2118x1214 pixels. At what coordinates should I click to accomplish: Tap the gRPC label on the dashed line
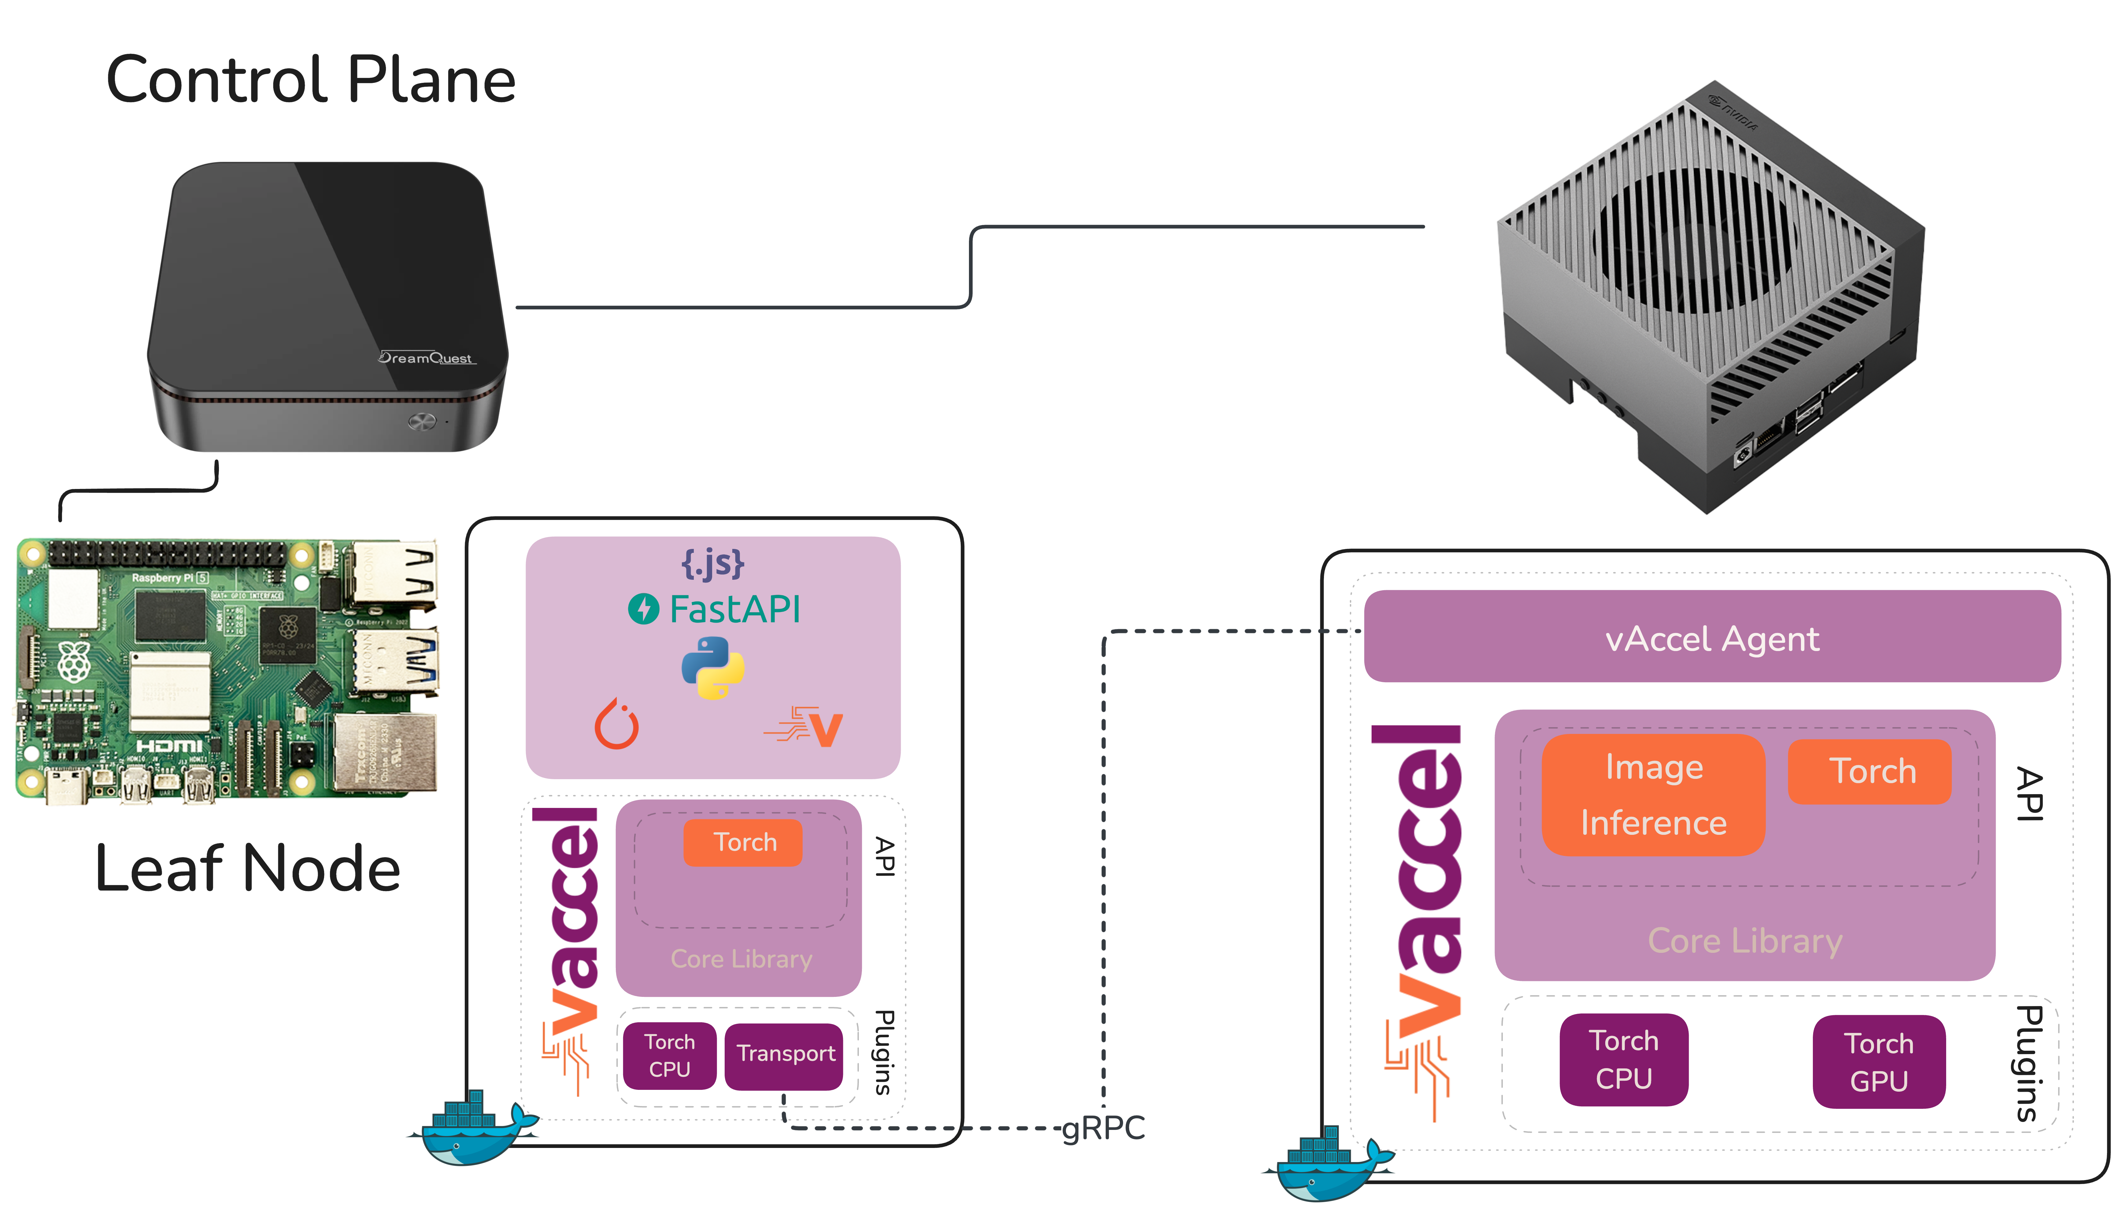point(1103,1128)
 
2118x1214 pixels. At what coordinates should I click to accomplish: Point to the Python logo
point(713,667)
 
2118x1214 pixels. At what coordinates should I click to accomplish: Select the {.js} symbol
point(713,564)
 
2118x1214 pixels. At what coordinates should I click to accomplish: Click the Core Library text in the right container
point(1745,941)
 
